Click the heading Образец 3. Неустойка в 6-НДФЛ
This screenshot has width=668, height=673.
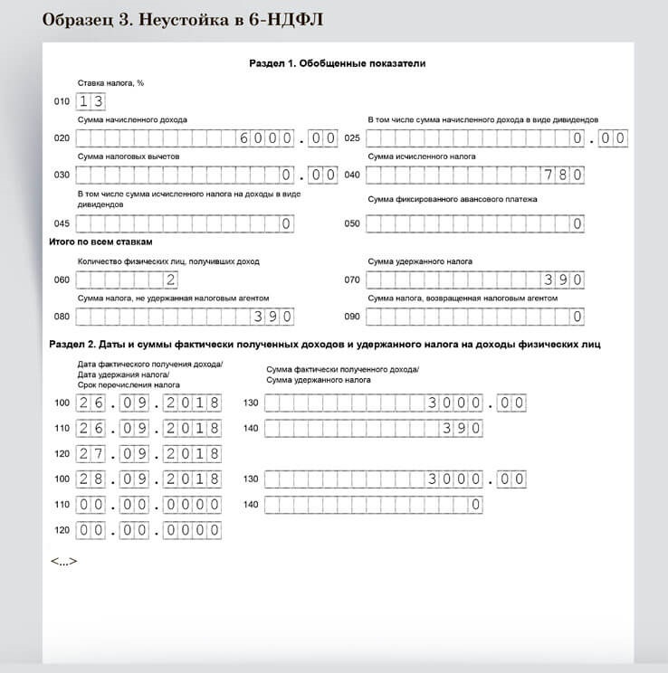tap(184, 19)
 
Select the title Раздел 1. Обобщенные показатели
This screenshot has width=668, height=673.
tap(337, 64)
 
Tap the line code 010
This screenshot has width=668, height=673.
tap(62, 102)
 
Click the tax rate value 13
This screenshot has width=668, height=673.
tap(91, 101)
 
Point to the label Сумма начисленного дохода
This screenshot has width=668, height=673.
tap(132, 120)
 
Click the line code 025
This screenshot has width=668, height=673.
tap(352, 138)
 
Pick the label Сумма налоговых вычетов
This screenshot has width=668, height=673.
tap(129, 156)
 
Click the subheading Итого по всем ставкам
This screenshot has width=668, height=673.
tap(100, 242)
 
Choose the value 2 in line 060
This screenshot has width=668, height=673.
tap(170, 280)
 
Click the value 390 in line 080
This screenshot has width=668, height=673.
tap(272, 317)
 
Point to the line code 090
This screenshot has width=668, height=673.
tap(352, 317)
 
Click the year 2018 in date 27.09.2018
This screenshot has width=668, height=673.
tap(192, 453)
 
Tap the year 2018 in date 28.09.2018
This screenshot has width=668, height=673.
tap(192, 479)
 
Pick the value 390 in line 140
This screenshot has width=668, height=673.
tap(462, 428)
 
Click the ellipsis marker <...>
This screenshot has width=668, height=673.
tap(63, 562)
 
